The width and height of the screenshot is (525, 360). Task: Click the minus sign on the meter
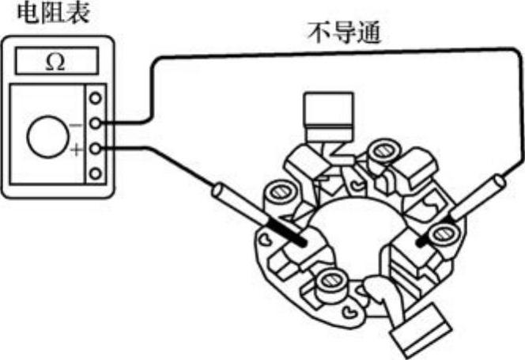[76, 124]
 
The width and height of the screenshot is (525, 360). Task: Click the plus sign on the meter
[76, 150]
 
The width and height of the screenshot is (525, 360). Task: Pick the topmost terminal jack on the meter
[96, 98]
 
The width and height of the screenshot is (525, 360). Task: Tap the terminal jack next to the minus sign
[96, 123]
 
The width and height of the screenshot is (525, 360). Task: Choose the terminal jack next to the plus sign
[96, 149]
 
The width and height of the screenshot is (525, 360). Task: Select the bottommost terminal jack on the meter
[96, 173]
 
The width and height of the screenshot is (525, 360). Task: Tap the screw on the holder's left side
[278, 191]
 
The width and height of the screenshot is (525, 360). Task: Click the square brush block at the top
[327, 112]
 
